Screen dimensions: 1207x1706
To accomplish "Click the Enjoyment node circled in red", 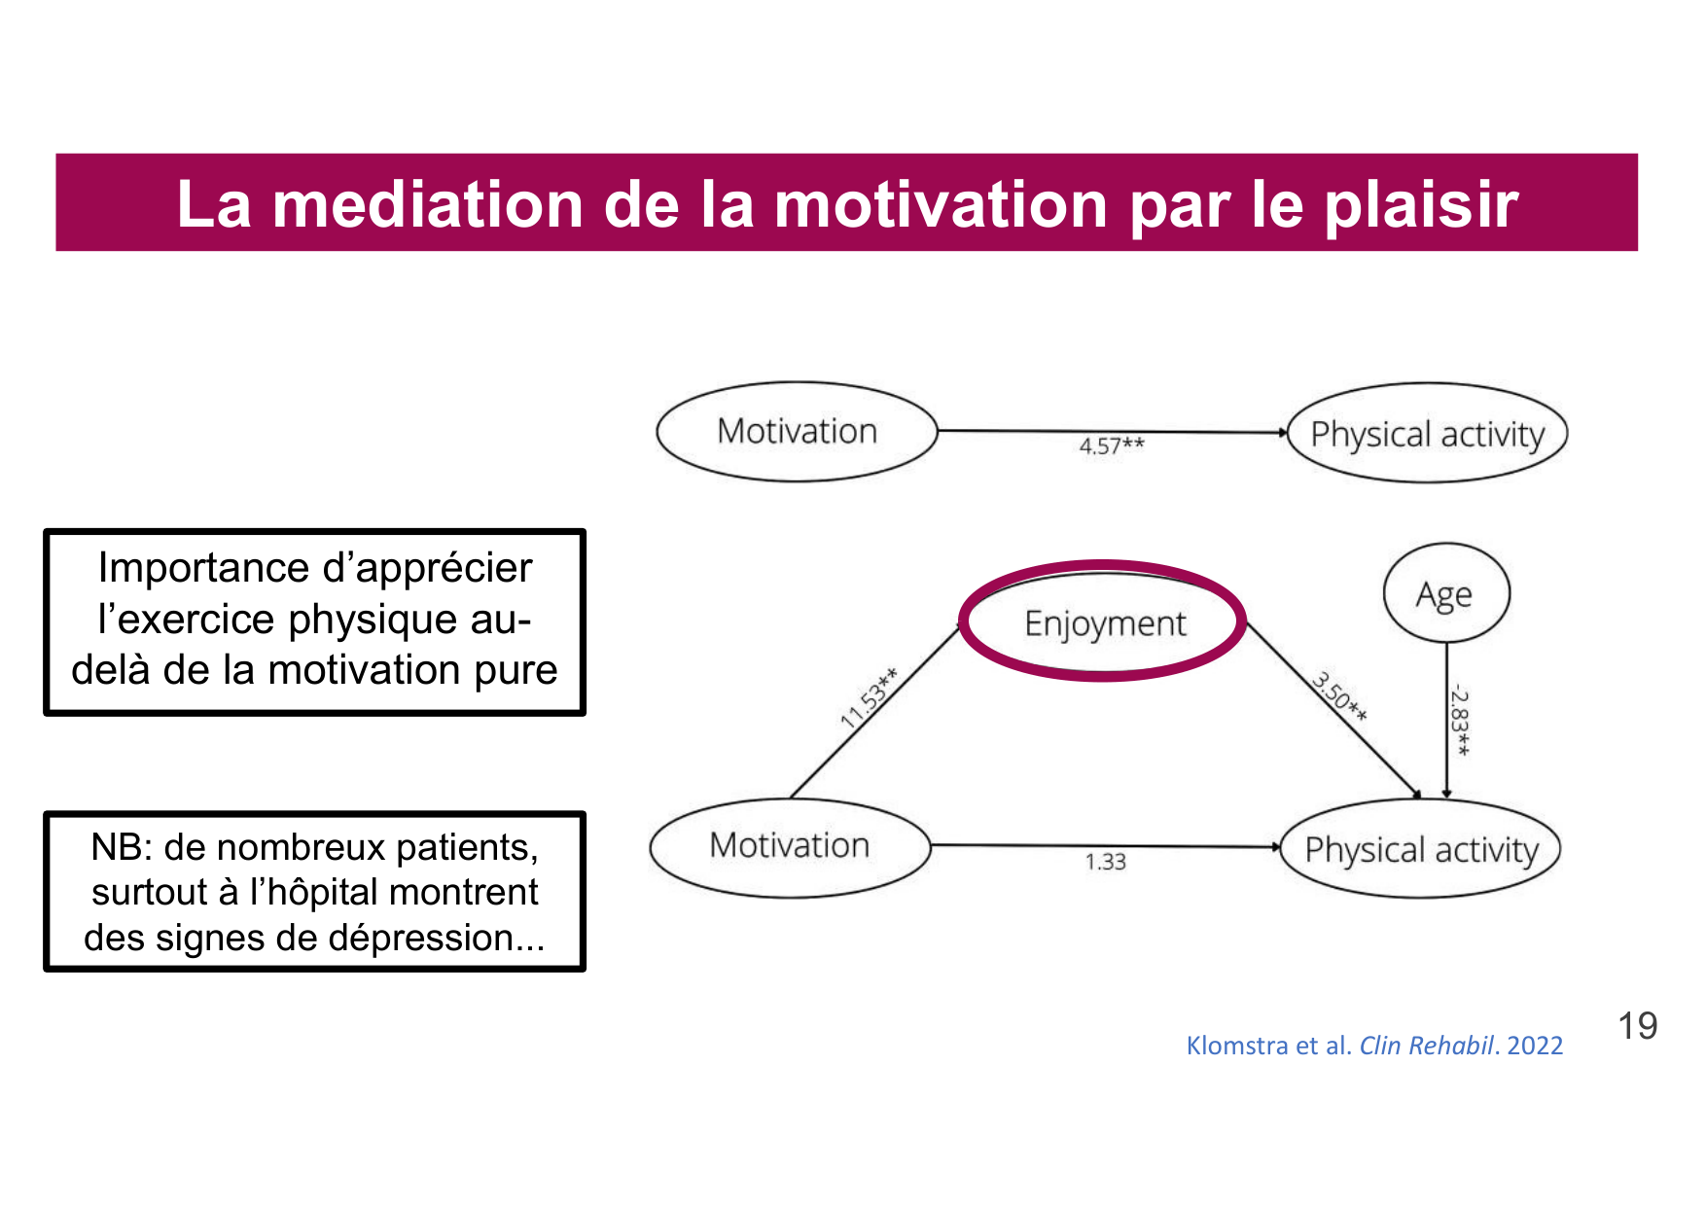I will tap(1104, 622).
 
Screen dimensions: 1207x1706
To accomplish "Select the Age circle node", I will tap(1445, 593).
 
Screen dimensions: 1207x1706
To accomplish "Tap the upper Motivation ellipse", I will tap(797, 431).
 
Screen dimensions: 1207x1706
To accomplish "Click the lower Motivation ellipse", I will tap(789, 845).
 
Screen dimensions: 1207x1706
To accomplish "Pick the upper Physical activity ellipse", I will tap(1427, 434).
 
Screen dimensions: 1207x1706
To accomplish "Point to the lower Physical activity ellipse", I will tap(1421, 849).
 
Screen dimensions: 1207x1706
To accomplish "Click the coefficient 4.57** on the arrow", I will tap(1111, 446).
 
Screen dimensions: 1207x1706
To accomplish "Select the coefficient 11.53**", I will tap(869, 698).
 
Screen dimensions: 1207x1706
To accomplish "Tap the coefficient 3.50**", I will tap(1340, 696).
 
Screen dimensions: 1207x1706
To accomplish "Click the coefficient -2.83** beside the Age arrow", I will tap(1460, 721).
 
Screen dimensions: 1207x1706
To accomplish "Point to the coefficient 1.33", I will tap(1105, 862).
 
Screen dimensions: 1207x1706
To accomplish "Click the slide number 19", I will tap(1637, 1026).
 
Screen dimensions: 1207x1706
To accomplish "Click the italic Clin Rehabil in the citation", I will tap(1425, 1046).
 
